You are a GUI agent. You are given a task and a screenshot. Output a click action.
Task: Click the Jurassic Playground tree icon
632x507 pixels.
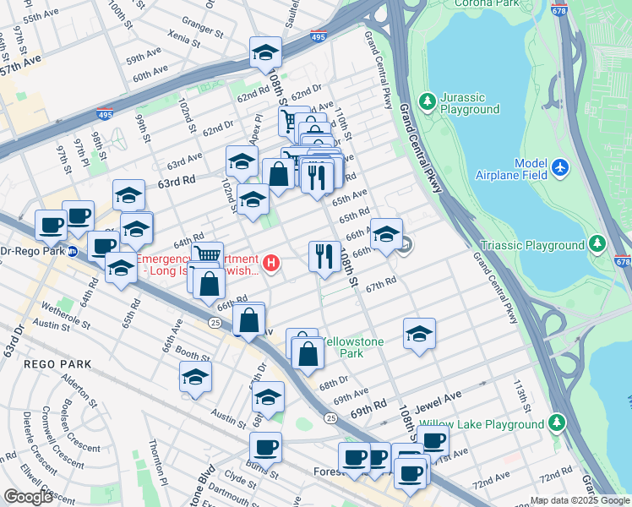point(428,101)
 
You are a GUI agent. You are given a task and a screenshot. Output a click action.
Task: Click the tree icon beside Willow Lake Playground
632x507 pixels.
point(556,421)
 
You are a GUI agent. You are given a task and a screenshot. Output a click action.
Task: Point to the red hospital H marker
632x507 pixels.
point(271,264)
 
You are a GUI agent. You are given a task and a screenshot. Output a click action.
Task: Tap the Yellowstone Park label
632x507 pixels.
point(355,347)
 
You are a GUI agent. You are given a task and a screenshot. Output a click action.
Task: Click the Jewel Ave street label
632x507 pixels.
point(438,395)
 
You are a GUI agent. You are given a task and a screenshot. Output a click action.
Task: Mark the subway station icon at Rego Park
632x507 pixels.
point(73,251)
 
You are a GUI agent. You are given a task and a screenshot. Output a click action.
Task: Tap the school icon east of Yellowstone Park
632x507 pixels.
point(419,335)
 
